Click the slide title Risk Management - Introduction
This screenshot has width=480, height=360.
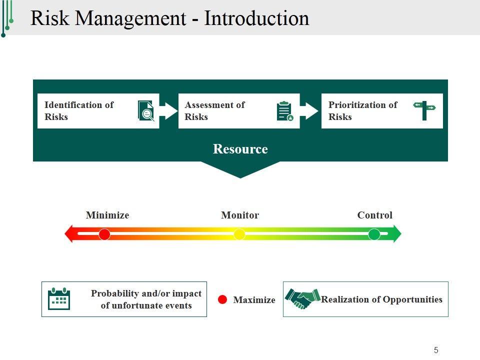[170, 18]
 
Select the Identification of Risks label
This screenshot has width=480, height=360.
[79, 111]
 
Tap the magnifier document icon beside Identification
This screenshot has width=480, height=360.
[146, 110]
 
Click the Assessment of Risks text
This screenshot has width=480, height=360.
[214, 111]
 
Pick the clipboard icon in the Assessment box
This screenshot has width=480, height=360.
[284, 111]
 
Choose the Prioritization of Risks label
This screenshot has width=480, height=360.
[362, 111]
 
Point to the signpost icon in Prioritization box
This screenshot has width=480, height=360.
[424, 110]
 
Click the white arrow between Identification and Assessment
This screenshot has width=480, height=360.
[168, 110]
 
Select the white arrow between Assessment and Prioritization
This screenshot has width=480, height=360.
[310, 110]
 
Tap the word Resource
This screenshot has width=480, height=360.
[240, 149]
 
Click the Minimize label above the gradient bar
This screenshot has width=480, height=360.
[107, 215]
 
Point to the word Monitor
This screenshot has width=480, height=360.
[240, 215]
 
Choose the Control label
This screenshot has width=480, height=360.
[374, 215]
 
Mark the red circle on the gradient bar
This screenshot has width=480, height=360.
[104, 234]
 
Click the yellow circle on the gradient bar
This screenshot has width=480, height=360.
[239, 234]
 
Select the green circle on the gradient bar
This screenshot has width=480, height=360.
[374, 234]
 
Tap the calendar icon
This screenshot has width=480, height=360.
[58, 299]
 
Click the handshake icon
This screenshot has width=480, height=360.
[302, 299]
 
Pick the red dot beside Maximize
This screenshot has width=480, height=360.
[223, 299]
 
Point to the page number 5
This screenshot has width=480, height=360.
[436, 350]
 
